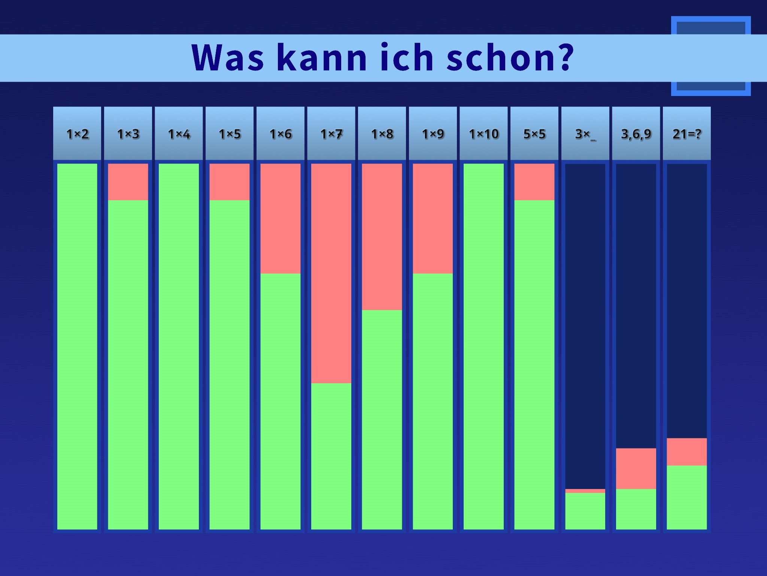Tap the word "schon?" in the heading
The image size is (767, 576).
click(x=510, y=58)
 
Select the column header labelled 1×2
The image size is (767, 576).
click(x=77, y=134)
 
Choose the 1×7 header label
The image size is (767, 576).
click(x=331, y=134)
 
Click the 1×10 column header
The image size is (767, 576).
click(x=483, y=134)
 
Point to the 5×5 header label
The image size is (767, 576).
click(x=534, y=134)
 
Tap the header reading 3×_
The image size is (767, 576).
click(x=585, y=134)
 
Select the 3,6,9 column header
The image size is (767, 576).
click(x=636, y=134)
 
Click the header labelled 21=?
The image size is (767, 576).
click(x=687, y=134)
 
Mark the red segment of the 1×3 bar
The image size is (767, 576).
click(x=128, y=182)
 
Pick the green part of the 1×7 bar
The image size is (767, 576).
click(x=331, y=456)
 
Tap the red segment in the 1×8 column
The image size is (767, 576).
click(x=382, y=237)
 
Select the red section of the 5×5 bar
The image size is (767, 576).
click(x=534, y=182)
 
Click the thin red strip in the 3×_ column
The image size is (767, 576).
click(x=585, y=491)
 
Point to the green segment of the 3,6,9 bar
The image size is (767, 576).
click(x=636, y=509)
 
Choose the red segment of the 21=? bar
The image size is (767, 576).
click(x=687, y=452)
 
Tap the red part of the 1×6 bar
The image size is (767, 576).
click(x=281, y=218)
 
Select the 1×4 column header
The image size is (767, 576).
click(x=179, y=134)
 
